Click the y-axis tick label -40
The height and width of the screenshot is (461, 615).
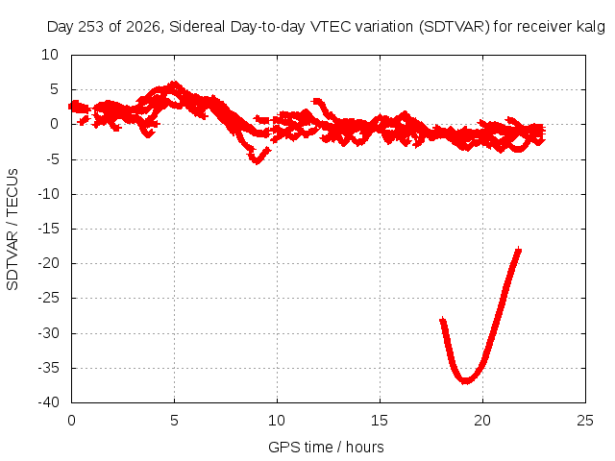click(x=49, y=402)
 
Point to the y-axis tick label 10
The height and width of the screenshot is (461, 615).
click(x=50, y=55)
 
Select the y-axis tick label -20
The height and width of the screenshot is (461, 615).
click(x=49, y=263)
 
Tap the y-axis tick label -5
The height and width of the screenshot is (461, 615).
click(x=53, y=159)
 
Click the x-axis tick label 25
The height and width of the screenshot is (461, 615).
click(x=585, y=421)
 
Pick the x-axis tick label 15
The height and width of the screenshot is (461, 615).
click(x=380, y=421)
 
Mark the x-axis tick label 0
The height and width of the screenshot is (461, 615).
click(x=71, y=421)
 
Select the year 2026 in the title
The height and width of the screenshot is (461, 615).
click(x=143, y=27)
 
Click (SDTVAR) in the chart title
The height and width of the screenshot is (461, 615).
click(x=455, y=27)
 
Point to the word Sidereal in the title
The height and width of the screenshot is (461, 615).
click(x=197, y=27)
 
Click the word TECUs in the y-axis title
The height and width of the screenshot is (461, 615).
click(x=12, y=192)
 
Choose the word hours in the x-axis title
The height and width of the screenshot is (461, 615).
click(x=365, y=447)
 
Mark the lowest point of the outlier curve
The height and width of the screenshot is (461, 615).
click(x=465, y=380)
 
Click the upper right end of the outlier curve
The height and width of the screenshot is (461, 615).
click(x=519, y=250)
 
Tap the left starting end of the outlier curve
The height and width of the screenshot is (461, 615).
click(x=443, y=321)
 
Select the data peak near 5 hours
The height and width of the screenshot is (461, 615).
click(x=174, y=84)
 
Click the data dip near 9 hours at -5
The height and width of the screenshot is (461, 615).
click(x=257, y=160)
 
